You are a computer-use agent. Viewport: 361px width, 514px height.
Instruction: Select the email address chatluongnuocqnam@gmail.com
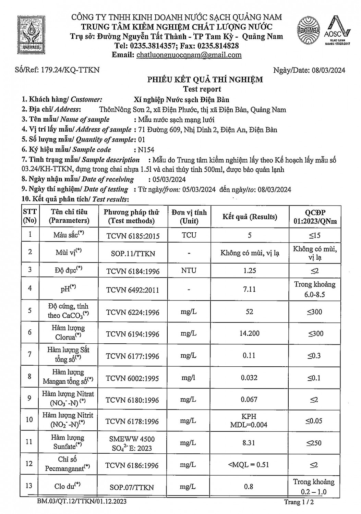[x=189, y=55]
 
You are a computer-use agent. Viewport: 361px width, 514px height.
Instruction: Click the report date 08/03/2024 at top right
[x=329, y=71]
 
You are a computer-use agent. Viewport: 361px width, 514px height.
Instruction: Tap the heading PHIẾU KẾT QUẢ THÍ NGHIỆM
[x=205, y=80]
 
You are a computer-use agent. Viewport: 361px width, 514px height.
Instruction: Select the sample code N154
[x=146, y=150]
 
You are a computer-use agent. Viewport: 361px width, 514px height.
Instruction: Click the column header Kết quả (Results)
[x=250, y=217]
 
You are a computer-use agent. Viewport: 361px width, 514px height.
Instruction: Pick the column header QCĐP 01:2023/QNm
[x=315, y=217]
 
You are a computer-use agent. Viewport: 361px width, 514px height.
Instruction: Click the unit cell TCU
[x=189, y=235]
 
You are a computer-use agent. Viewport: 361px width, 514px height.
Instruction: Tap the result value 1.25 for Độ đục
[x=249, y=270]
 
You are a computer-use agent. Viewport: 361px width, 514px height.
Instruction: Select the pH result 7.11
[x=249, y=289]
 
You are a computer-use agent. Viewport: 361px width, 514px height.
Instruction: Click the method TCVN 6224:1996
[x=133, y=312]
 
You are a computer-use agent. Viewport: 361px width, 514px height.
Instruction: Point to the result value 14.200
[x=249, y=333]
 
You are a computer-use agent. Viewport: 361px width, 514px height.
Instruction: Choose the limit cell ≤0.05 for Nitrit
[x=314, y=421]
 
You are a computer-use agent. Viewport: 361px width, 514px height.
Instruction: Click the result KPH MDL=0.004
[x=249, y=421]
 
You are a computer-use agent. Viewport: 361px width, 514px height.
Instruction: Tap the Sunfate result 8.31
[x=249, y=443]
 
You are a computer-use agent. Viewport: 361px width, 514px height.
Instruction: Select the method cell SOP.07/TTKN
[x=132, y=487]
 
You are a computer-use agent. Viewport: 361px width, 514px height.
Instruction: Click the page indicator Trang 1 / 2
[x=299, y=502]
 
